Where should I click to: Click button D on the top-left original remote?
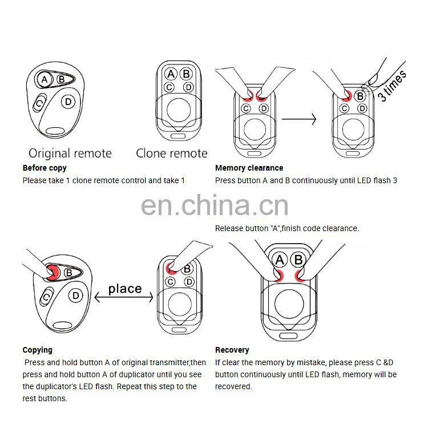(x=68, y=102)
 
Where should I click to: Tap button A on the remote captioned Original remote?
(x=45, y=79)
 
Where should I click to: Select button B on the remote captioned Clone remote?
(x=185, y=74)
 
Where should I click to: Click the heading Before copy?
(x=45, y=168)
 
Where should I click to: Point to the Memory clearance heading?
(x=249, y=168)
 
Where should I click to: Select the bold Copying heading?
(x=37, y=350)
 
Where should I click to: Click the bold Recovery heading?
(x=232, y=350)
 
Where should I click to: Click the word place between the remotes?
(x=124, y=288)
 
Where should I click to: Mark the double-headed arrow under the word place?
(x=124, y=297)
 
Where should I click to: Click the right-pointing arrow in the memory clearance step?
(x=299, y=119)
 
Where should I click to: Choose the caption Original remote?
(x=70, y=153)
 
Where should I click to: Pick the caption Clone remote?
(x=172, y=153)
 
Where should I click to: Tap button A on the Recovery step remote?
(x=280, y=261)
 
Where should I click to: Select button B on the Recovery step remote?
(x=298, y=261)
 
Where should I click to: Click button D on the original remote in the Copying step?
(x=75, y=295)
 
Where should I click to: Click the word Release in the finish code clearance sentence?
(x=228, y=228)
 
